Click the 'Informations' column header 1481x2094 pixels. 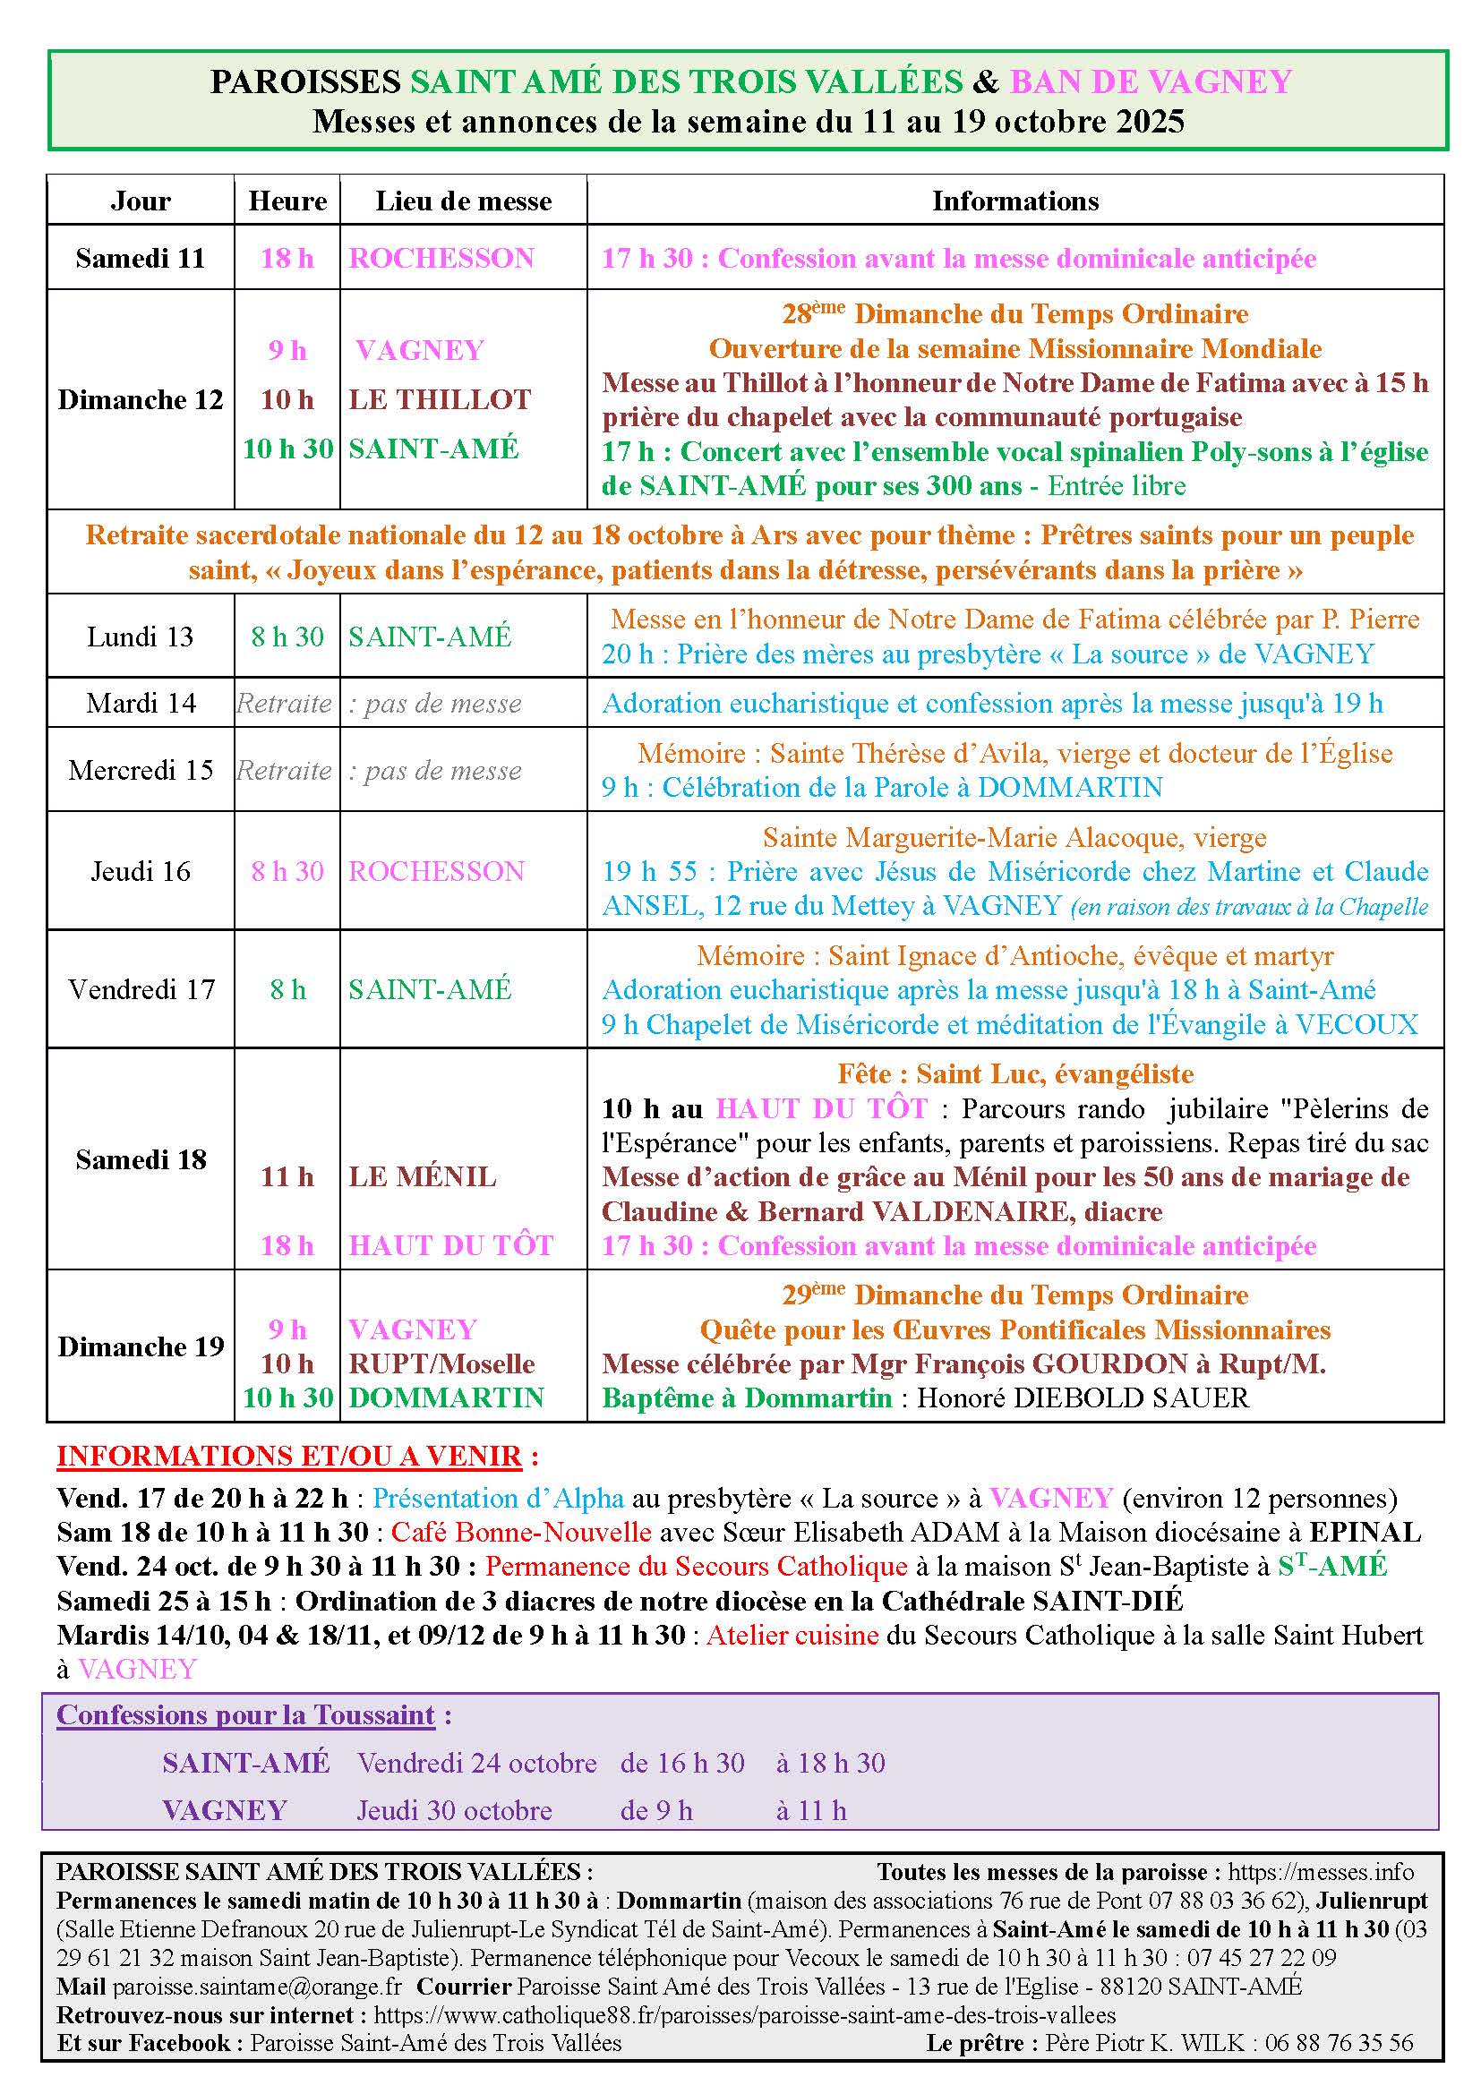click(x=1014, y=201)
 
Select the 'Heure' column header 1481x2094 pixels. click(x=287, y=201)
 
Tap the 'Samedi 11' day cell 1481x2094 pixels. click(x=141, y=258)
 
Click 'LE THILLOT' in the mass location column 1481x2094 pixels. click(x=440, y=399)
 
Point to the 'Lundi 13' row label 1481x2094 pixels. click(x=141, y=637)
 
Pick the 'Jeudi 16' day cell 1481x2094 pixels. click(x=141, y=871)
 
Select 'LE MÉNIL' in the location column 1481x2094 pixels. click(x=423, y=1176)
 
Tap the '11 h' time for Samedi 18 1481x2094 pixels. click(x=287, y=1176)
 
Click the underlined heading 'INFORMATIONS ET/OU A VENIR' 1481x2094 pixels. click(x=289, y=1456)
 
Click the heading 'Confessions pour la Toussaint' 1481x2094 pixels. click(x=246, y=1715)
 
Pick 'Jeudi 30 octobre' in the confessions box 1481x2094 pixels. click(x=454, y=1810)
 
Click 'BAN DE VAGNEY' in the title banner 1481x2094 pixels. click(x=1151, y=82)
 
